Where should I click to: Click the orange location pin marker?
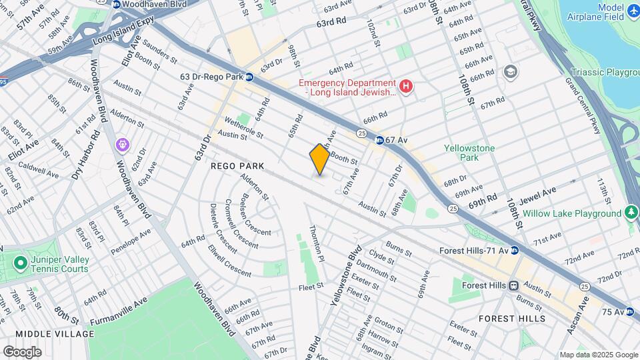point(319,159)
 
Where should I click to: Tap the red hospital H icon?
point(405,85)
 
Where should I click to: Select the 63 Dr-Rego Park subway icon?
point(249,77)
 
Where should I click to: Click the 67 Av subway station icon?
point(379,140)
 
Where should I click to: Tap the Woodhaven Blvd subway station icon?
point(117,4)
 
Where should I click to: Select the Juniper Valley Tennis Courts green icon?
point(20,263)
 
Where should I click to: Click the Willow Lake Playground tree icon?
point(631,213)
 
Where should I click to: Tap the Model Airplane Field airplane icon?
point(633,12)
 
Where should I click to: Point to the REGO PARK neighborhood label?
point(238,165)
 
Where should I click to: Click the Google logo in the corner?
point(22,351)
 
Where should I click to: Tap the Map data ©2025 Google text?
point(598,355)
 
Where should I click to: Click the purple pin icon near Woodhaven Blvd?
point(122,144)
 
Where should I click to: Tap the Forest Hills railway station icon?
point(513,285)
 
